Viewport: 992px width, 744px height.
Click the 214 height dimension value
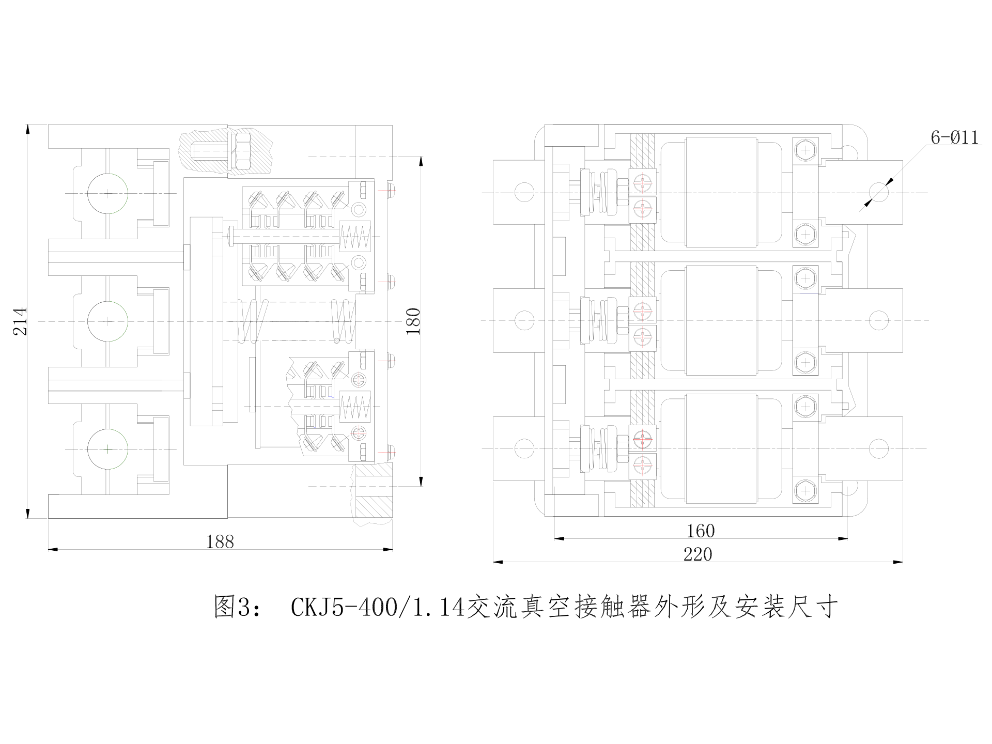click(x=21, y=321)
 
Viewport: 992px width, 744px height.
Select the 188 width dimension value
click(x=220, y=541)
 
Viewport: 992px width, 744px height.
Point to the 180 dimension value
click(x=413, y=321)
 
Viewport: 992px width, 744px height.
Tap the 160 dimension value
click(x=701, y=531)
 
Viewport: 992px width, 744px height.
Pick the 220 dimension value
click(x=698, y=554)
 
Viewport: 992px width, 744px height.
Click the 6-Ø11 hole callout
click(x=954, y=137)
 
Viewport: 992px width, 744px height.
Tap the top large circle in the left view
click(x=107, y=194)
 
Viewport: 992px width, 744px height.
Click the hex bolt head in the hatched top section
click(x=242, y=150)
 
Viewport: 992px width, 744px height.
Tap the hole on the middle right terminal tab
click(x=878, y=320)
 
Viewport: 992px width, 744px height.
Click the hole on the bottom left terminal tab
click(x=524, y=448)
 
